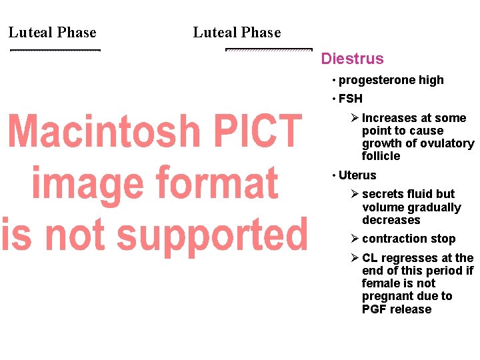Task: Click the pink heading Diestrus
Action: tap(352, 59)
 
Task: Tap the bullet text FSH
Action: tap(351, 99)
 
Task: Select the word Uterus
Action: tap(357, 175)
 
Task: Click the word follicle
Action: tap(381, 156)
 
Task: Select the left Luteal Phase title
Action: tap(53, 33)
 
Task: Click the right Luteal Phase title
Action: tap(237, 33)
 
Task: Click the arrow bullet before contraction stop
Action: tap(355, 239)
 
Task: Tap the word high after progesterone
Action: tap(431, 80)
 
